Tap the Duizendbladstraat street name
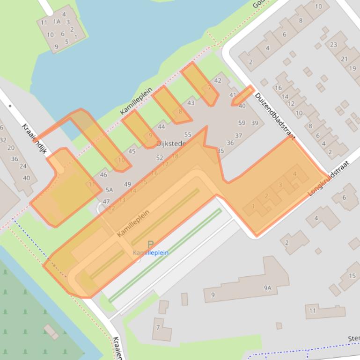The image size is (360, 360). (275, 115)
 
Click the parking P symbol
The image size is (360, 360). (150, 245)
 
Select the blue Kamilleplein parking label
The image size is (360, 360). (150, 253)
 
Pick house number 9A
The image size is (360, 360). (267, 288)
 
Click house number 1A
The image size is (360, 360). (57, 22)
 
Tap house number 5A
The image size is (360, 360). (109, 190)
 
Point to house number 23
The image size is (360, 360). (333, 45)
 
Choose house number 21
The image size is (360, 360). (344, 59)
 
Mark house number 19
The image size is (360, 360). (352, 68)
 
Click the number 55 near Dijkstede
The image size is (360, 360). (188, 135)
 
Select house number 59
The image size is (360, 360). (242, 123)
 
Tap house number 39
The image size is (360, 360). (254, 123)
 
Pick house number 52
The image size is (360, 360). (160, 158)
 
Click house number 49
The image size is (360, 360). (127, 184)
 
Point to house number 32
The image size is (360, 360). (3, 140)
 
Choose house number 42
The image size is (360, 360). (217, 80)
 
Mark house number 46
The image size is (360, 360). (103, 175)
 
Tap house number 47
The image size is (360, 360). (106, 202)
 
